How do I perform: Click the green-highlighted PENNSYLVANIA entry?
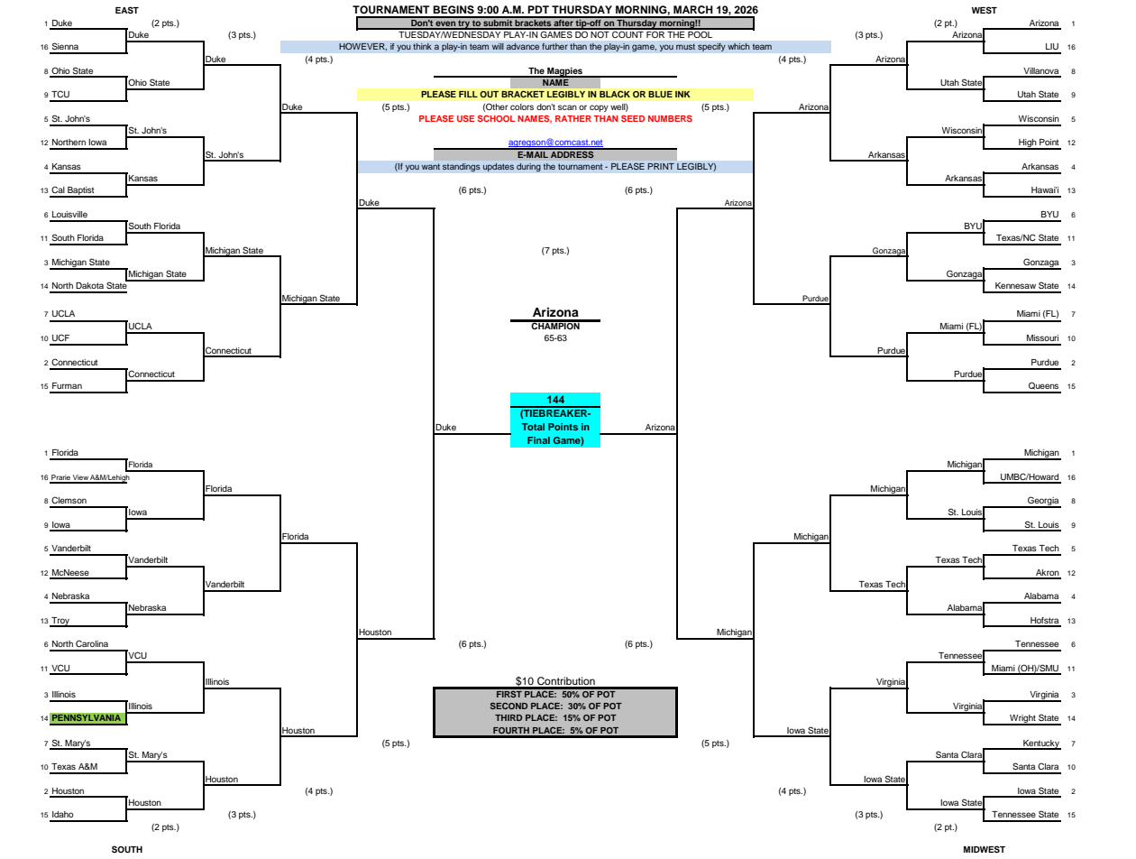(x=86, y=717)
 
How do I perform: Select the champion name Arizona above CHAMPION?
(x=554, y=312)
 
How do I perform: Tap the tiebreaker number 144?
(x=554, y=399)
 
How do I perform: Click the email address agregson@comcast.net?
(x=554, y=142)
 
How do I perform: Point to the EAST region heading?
(x=126, y=10)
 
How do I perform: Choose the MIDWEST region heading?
(x=984, y=849)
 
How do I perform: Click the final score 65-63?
(x=554, y=338)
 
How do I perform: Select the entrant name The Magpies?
(x=554, y=71)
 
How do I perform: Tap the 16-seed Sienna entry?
(x=65, y=47)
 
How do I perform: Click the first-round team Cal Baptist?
(x=72, y=190)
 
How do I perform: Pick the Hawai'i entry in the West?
(x=1044, y=190)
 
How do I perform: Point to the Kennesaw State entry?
(x=1026, y=286)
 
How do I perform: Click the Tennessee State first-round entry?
(x=1025, y=815)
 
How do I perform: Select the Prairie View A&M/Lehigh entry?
(x=90, y=477)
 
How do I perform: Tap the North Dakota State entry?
(x=89, y=286)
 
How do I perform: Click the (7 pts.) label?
(x=554, y=251)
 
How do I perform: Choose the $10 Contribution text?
(x=554, y=681)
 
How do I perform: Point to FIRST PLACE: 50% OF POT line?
(x=554, y=695)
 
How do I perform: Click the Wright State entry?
(x=1033, y=717)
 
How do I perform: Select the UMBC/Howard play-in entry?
(x=1029, y=477)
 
